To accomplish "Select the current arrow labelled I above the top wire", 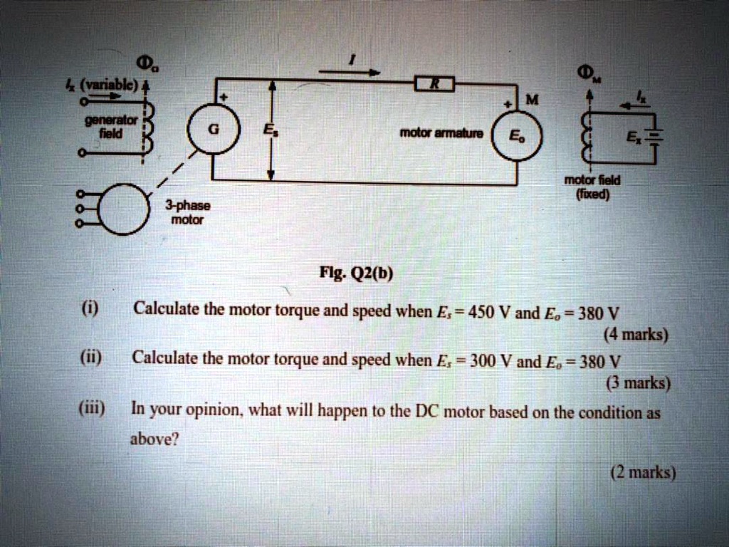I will point(349,71).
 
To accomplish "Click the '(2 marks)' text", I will point(643,472).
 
